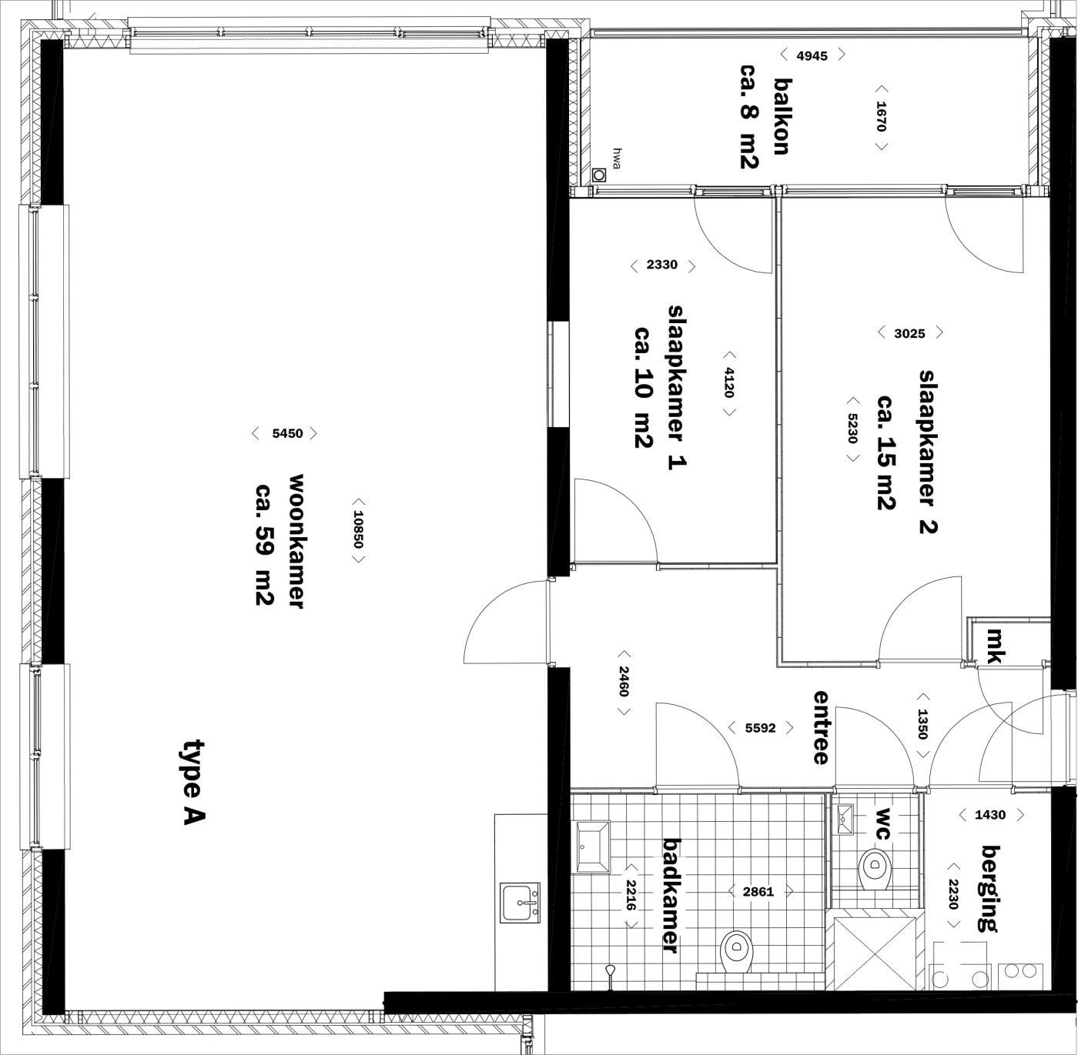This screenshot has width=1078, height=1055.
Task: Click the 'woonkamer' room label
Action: (x=296, y=541)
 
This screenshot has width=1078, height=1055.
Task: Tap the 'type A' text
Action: (x=193, y=783)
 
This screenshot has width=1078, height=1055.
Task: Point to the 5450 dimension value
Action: (x=287, y=433)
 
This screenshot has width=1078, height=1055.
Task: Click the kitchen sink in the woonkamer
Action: (x=520, y=903)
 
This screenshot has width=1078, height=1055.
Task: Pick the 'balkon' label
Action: (x=782, y=116)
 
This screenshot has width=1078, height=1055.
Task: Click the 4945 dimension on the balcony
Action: (x=812, y=55)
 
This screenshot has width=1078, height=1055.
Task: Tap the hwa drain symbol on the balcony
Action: (x=599, y=175)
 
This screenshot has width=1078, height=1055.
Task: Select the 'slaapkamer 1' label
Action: (x=677, y=387)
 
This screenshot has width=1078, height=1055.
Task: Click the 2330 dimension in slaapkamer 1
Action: (x=661, y=265)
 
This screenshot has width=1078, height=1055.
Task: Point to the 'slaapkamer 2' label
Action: (x=928, y=452)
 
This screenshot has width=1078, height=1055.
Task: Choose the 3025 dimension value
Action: (x=909, y=334)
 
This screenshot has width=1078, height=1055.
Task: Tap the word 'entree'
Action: (x=821, y=727)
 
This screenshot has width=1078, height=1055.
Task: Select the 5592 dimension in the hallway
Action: (x=760, y=728)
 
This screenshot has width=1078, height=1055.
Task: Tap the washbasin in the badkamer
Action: (x=593, y=846)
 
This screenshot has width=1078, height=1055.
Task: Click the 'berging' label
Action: (x=991, y=888)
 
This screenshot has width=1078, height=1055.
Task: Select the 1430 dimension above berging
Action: (x=990, y=815)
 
